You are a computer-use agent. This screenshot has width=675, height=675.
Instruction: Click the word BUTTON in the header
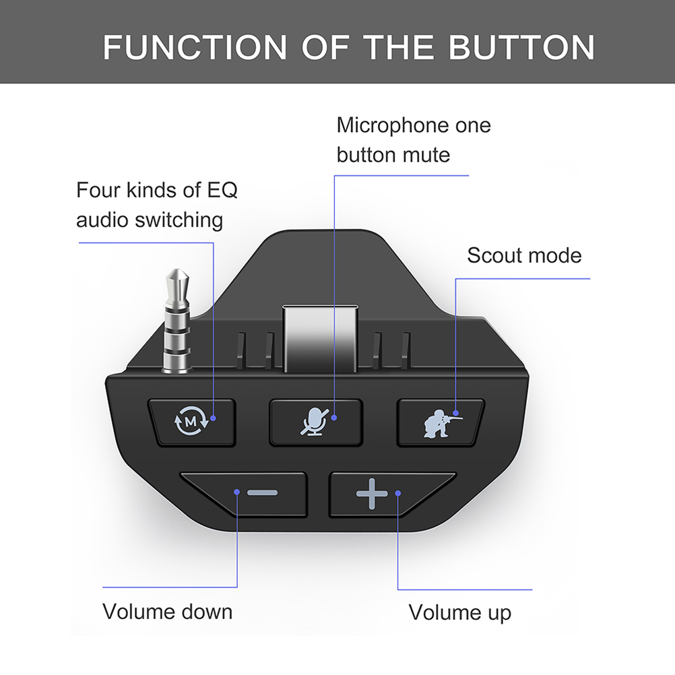(521, 47)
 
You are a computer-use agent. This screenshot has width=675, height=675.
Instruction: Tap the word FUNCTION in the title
(195, 47)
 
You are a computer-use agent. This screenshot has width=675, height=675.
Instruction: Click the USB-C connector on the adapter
(320, 339)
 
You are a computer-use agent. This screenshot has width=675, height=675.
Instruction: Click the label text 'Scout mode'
(524, 255)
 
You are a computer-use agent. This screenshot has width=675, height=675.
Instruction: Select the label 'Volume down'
(168, 611)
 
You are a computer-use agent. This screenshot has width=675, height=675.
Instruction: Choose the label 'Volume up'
(459, 612)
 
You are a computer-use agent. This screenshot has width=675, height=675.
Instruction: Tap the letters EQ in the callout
(222, 190)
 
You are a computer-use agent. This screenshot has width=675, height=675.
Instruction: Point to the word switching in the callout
(179, 220)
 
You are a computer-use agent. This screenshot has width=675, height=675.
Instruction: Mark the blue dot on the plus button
(397, 493)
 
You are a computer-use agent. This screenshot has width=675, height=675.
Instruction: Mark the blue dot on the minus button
(236, 492)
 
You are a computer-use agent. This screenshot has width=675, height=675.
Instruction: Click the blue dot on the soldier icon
(456, 413)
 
